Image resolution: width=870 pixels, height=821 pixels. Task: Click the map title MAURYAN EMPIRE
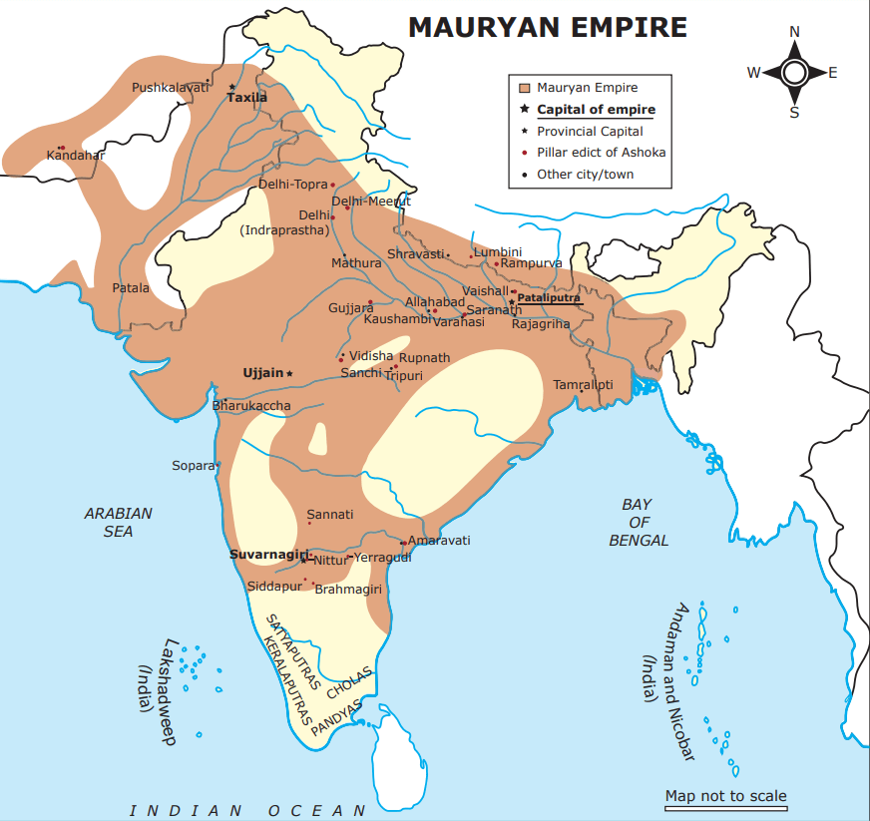click(x=547, y=27)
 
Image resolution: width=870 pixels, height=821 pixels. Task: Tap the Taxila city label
click(x=247, y=98)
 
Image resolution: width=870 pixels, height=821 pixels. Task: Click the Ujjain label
click(x=263, y=372)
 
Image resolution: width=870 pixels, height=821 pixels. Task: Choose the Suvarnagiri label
click(x=264, y=554)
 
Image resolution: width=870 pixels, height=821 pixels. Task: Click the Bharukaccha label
click(x=252, y=405)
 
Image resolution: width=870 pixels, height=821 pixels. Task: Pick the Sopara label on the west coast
click(x=193, y=465)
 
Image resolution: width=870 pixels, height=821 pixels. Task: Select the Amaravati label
click(x=439, y=540)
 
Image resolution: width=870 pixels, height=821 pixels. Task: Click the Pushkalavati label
click(x=170, y=88)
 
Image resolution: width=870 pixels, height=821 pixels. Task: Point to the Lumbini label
click(x=498, y=251)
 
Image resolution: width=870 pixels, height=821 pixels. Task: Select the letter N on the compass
click(x=795, y=32)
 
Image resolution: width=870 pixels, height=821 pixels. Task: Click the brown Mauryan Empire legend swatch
click(x=523, y=88)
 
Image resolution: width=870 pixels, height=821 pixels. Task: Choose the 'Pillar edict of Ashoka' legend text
click(x=601, y=153)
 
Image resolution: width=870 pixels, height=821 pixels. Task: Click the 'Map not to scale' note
click(x=726, y=795)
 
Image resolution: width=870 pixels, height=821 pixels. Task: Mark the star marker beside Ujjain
click(x=290, y=373)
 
